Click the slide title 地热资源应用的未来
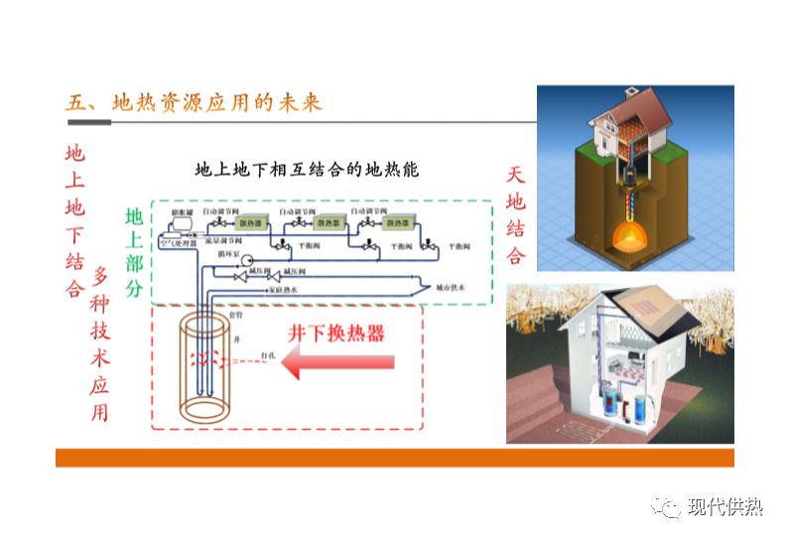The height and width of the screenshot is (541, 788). (194, 103)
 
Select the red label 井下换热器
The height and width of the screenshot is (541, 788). (336, 334)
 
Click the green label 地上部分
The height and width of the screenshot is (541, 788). (134, 254)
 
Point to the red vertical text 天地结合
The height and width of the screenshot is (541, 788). (516, 215)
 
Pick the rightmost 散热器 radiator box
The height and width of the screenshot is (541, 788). (400, 223)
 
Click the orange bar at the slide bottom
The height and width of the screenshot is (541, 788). (394, 458)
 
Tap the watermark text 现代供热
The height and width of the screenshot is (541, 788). (725, 508)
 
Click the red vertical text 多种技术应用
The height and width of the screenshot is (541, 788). (99, 342)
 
